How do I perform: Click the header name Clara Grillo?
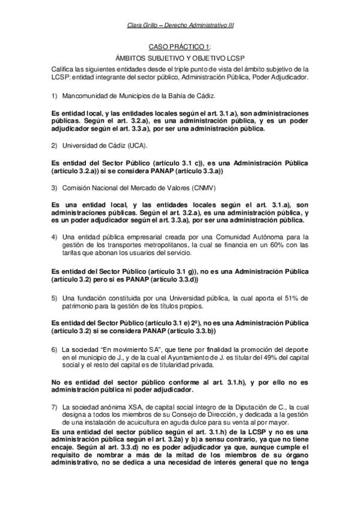pos(145,25)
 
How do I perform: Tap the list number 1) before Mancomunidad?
pos(54,96)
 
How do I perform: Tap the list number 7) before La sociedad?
pos(54,407)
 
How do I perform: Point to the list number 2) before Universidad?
pos(54,146)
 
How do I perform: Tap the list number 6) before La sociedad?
pos(54,349)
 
